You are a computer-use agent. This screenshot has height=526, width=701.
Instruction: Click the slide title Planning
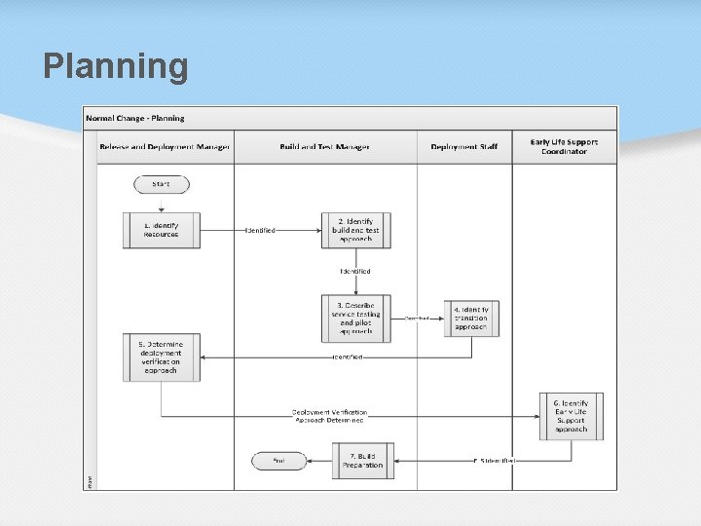pos(116,67)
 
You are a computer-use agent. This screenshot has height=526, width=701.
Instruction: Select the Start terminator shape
pos(162,184)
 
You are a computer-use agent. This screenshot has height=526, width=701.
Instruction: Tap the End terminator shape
pos(278,460)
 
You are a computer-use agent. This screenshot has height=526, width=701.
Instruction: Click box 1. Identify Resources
pos(162,230)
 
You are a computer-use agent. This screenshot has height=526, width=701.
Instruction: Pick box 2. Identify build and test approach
pos(356,230)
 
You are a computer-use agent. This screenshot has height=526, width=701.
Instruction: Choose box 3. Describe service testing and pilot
pos(356,318)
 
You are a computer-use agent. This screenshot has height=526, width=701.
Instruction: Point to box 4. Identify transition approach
pos(471,319)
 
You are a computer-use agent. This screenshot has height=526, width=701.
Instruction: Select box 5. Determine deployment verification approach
pos(162,357)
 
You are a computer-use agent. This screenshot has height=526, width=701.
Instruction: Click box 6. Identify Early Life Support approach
pos(572,416)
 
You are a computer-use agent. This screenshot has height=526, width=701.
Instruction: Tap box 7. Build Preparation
pos(363,460)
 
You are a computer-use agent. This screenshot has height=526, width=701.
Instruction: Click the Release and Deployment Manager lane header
pos(165,147)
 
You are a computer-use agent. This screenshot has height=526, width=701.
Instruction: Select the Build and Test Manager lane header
pos(325,147)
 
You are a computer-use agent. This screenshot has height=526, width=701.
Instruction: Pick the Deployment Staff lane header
pos(464,147)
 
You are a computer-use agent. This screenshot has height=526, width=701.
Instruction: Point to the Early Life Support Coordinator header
pos(565,147)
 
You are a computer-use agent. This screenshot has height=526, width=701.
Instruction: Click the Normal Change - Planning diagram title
pos(135,118)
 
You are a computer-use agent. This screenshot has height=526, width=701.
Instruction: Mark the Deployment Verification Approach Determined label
pos(330,416)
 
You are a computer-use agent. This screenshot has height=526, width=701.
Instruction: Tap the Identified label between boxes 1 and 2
pos(260,231)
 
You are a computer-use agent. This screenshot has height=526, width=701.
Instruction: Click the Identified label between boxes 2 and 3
pos(355,271)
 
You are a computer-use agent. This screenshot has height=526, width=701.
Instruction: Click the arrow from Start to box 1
pos(162,204)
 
